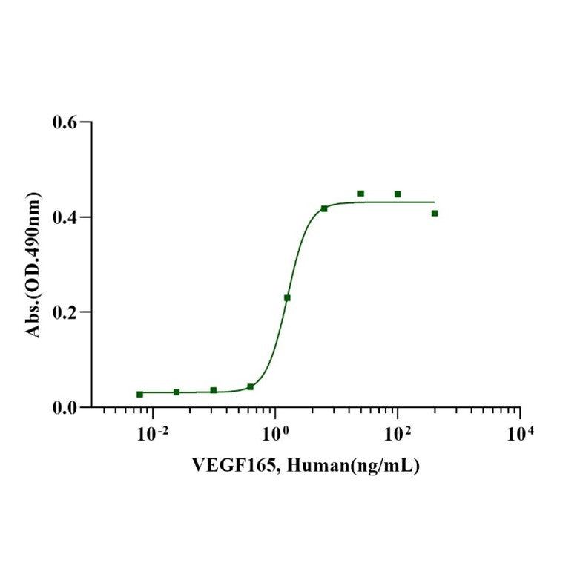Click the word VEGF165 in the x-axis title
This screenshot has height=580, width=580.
(x=225, y=467)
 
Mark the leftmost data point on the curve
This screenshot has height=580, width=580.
(x=139, y=394)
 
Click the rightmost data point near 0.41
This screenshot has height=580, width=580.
(x=435, y=213)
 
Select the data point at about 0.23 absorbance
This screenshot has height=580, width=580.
(x=287, y=298)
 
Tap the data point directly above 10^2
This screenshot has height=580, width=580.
(x=398, y=194)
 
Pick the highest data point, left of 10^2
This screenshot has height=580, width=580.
(x=361, y=194)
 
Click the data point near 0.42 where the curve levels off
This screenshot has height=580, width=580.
(x=324, y=208)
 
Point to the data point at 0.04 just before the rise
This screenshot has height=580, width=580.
(x=251, y=387)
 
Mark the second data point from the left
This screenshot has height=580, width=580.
(x=177, y=392)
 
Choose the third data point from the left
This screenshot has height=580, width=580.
(x=214, y=390)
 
